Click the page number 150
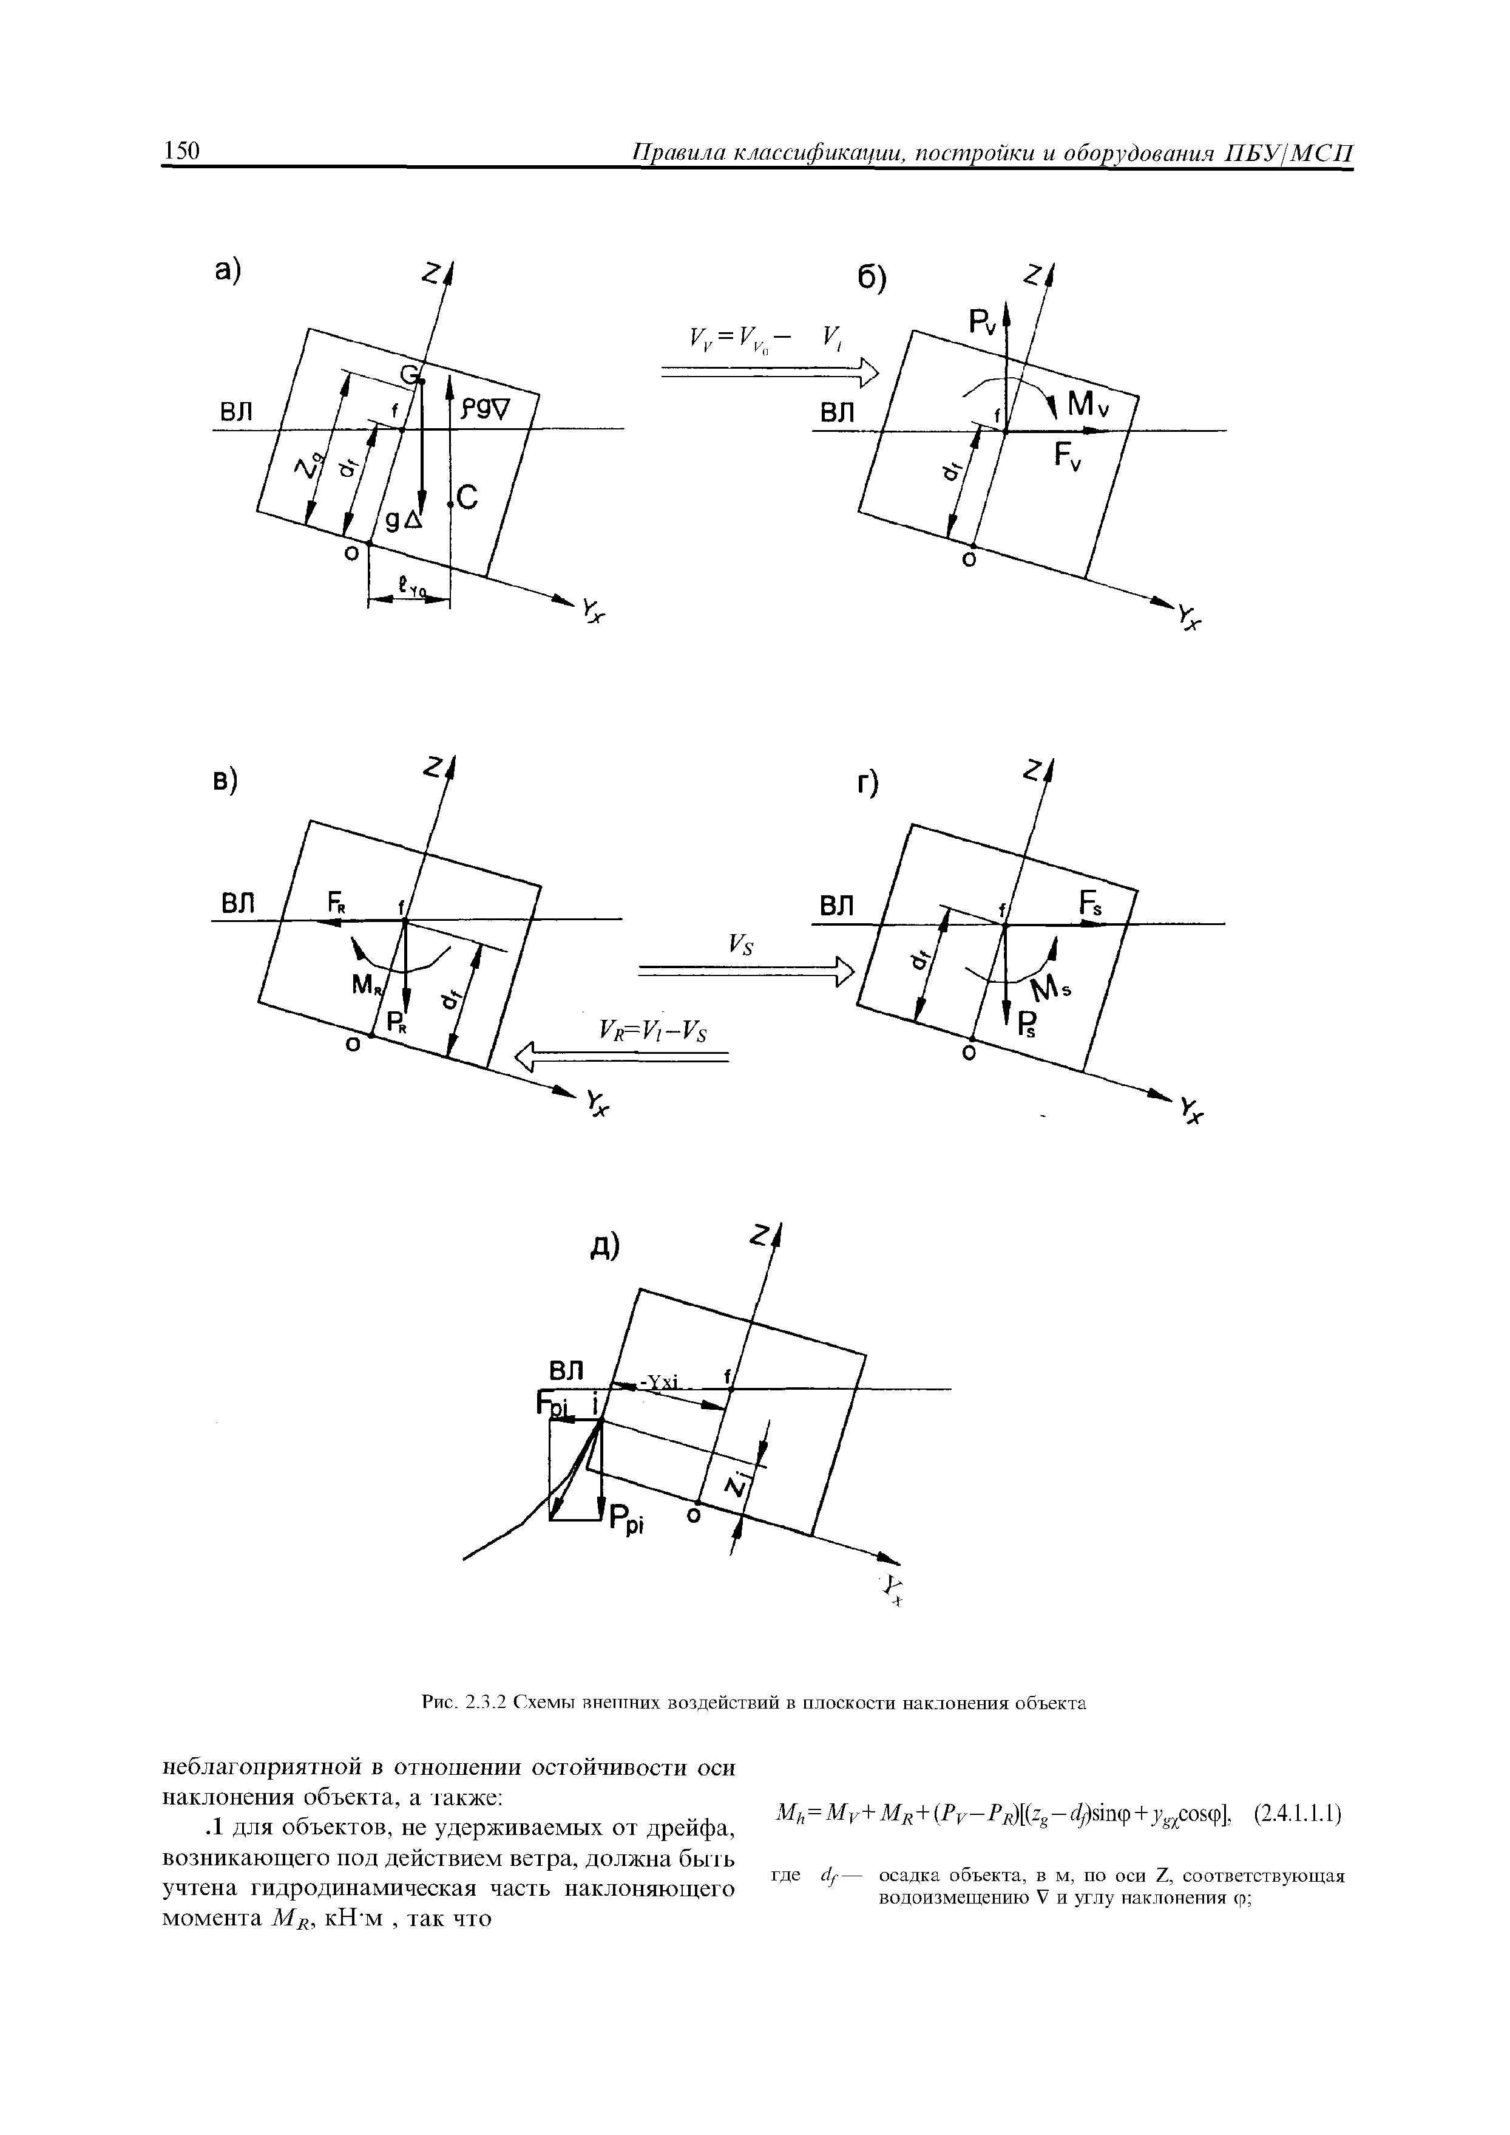tap(182, 151)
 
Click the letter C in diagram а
tap(466, 499)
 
